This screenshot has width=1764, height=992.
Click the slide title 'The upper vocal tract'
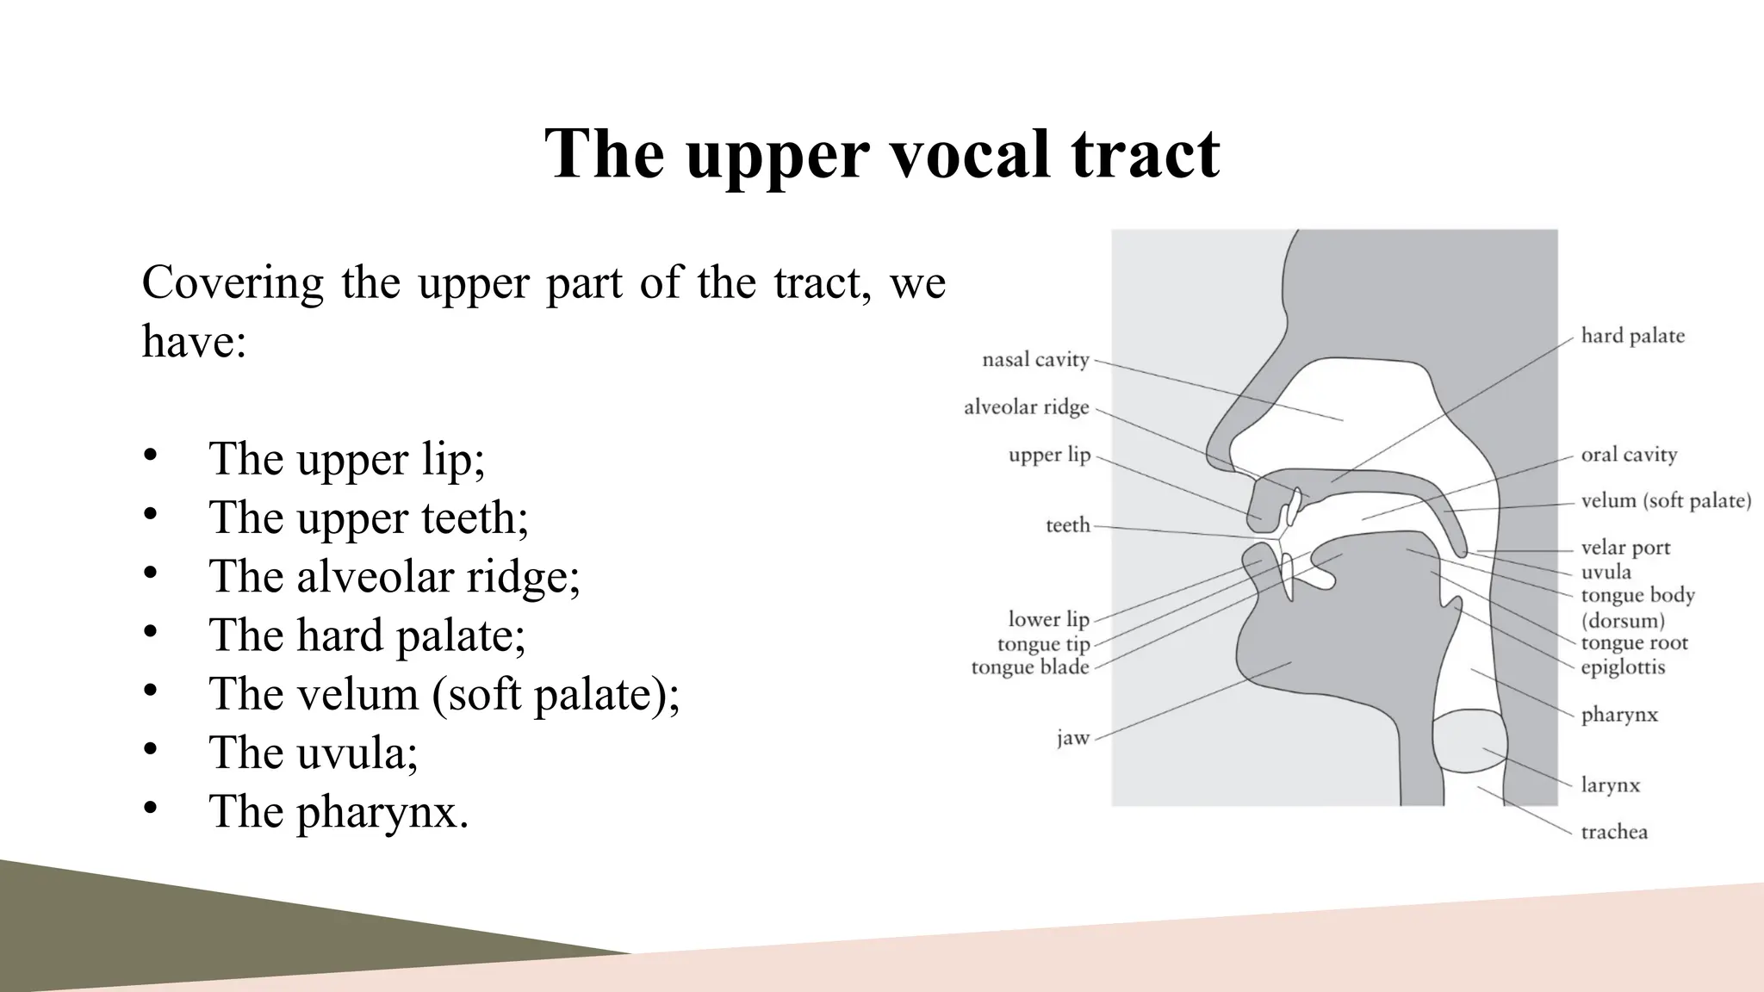[882, 153]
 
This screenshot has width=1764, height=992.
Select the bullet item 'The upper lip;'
[346, 458]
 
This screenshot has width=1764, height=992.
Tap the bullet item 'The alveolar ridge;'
[394, 575]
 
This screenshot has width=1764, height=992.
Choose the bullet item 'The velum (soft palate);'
[444, 693]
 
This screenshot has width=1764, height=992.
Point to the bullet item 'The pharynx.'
[339, 810]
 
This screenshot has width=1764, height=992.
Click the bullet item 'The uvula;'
[313, 752]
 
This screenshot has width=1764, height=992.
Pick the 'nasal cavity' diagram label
[1035, 360]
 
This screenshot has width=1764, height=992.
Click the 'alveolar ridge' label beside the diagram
[1026, 407]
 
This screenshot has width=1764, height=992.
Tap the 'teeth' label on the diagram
[1067, 525]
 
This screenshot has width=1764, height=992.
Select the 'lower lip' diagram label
[1048, 619]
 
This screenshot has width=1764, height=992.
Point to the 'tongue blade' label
[1030, 667]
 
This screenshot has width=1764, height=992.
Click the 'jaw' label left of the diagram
[1073, 738]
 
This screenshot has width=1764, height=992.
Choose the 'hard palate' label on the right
[1632, 336]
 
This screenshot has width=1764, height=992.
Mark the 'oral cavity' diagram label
[1629, 455]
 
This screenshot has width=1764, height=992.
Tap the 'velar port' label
[1625, 548]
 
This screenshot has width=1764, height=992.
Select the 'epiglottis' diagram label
[1623, 667]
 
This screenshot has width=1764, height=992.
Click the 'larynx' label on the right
[1610, 785]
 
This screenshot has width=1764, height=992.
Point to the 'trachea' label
[1614, 832]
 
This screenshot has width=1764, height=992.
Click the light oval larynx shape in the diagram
[1469, 741]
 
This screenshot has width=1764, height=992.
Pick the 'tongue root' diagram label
[1634, 643]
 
